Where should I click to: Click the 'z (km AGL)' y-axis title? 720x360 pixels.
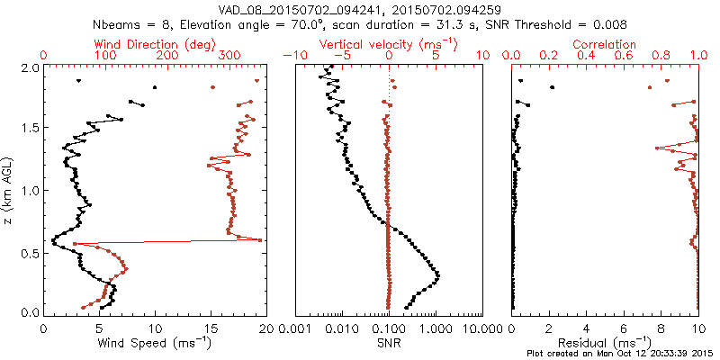coord(12,190)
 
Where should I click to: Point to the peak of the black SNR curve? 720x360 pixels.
coord(437,275)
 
